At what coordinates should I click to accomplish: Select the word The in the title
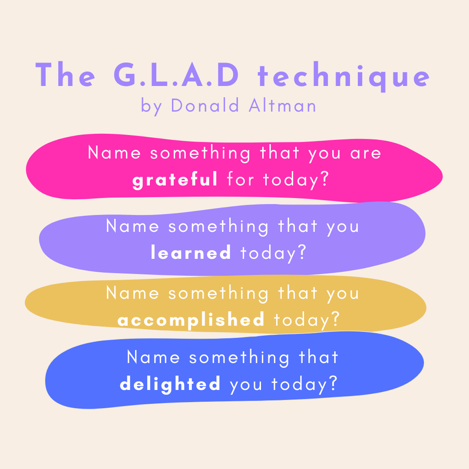coord(66,76)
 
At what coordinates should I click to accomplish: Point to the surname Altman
coord(283,106)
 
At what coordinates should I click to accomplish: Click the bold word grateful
coord(175,179)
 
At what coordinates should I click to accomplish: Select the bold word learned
coord(191,253)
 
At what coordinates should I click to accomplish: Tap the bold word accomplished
coord(191,320)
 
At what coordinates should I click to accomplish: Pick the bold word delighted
coord(170,384)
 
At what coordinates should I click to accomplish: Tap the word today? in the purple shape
coord(274,253)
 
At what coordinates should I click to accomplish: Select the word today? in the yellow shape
coord(307,320)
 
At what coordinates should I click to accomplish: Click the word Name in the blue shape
coord(153,357)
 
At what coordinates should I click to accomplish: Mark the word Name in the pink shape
coord(114,153)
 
